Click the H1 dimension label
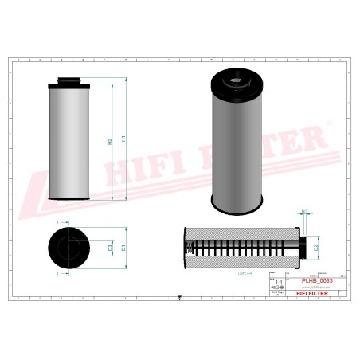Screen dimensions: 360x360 point(123,139)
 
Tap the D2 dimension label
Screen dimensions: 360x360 point(316,248)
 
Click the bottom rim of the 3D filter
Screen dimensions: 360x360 point(240,205)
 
